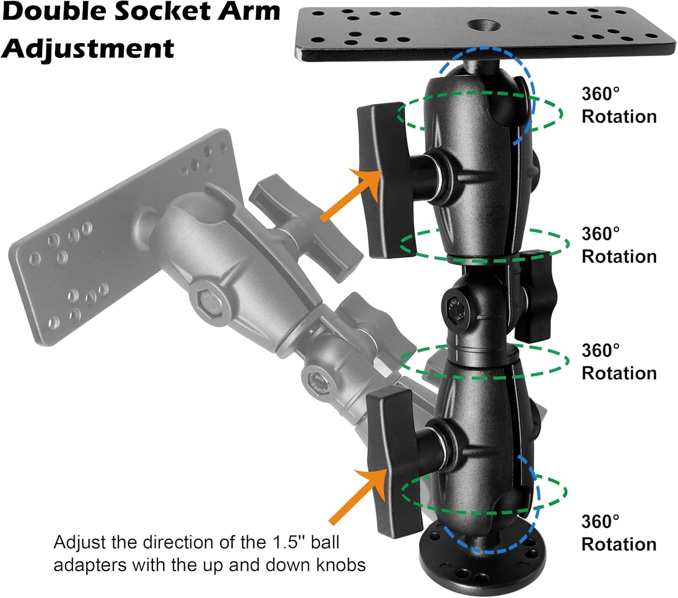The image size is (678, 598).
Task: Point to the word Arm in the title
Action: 249,12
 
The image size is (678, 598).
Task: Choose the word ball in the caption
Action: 325,542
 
